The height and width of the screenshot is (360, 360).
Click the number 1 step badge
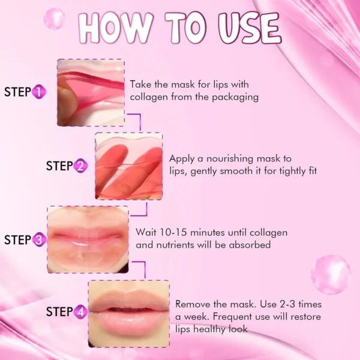[x=39, y=92]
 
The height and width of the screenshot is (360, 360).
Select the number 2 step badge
[x=81, y=166]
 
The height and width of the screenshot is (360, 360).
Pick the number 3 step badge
[x=39, y=240]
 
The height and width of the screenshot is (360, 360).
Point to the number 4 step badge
[x=81, y=312]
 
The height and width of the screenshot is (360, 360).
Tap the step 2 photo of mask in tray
[x=128, y=166]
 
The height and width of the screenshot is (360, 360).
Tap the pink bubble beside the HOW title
[x=54, y=18]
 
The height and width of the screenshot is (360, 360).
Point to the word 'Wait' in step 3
[x=147, y=232]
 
